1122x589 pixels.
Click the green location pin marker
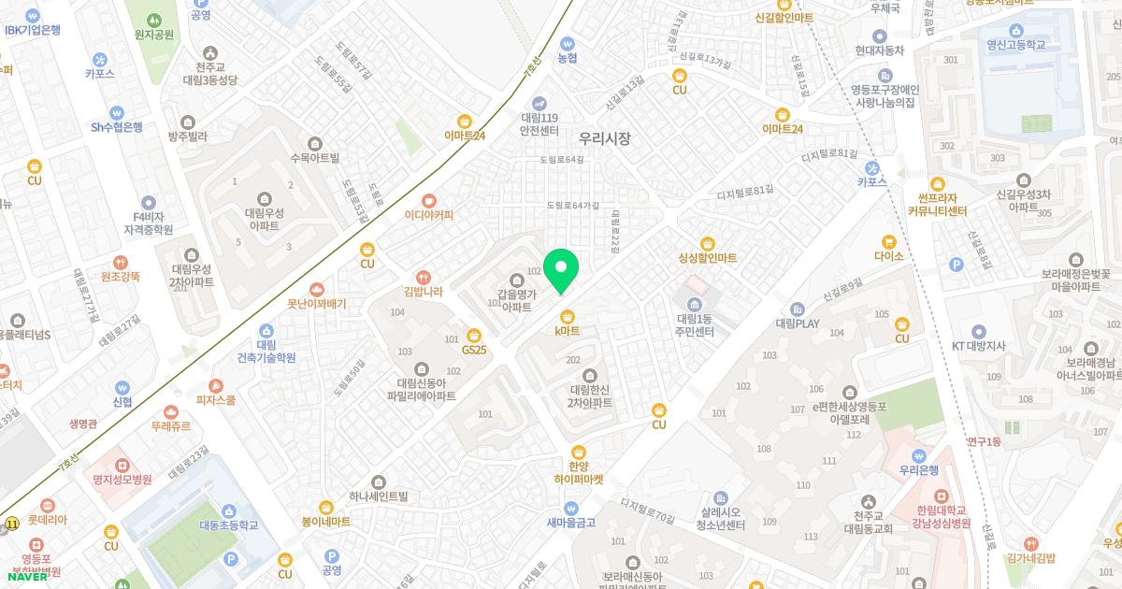(x=561, y=269)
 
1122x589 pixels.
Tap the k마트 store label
(x=567, y=331)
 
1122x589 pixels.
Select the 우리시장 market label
(x=604, y=138)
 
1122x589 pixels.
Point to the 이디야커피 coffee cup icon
(x=428, y=199)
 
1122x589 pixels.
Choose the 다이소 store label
(x=888, y=255)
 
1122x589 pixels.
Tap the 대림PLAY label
(x=797, y=323)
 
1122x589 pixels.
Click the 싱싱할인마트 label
(x=708, y=257)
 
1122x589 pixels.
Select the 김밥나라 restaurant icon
(x=424, y=276)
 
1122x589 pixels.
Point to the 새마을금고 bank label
(x=570, y=523)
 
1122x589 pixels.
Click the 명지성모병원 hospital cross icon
(x=122, y=465)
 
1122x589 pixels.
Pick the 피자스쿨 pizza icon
(x=216, y=385)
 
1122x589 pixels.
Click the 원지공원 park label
(x=154, y=35)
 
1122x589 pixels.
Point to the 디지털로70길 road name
(x=647, y=510)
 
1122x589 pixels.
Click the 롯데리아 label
(x=47, y=520)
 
